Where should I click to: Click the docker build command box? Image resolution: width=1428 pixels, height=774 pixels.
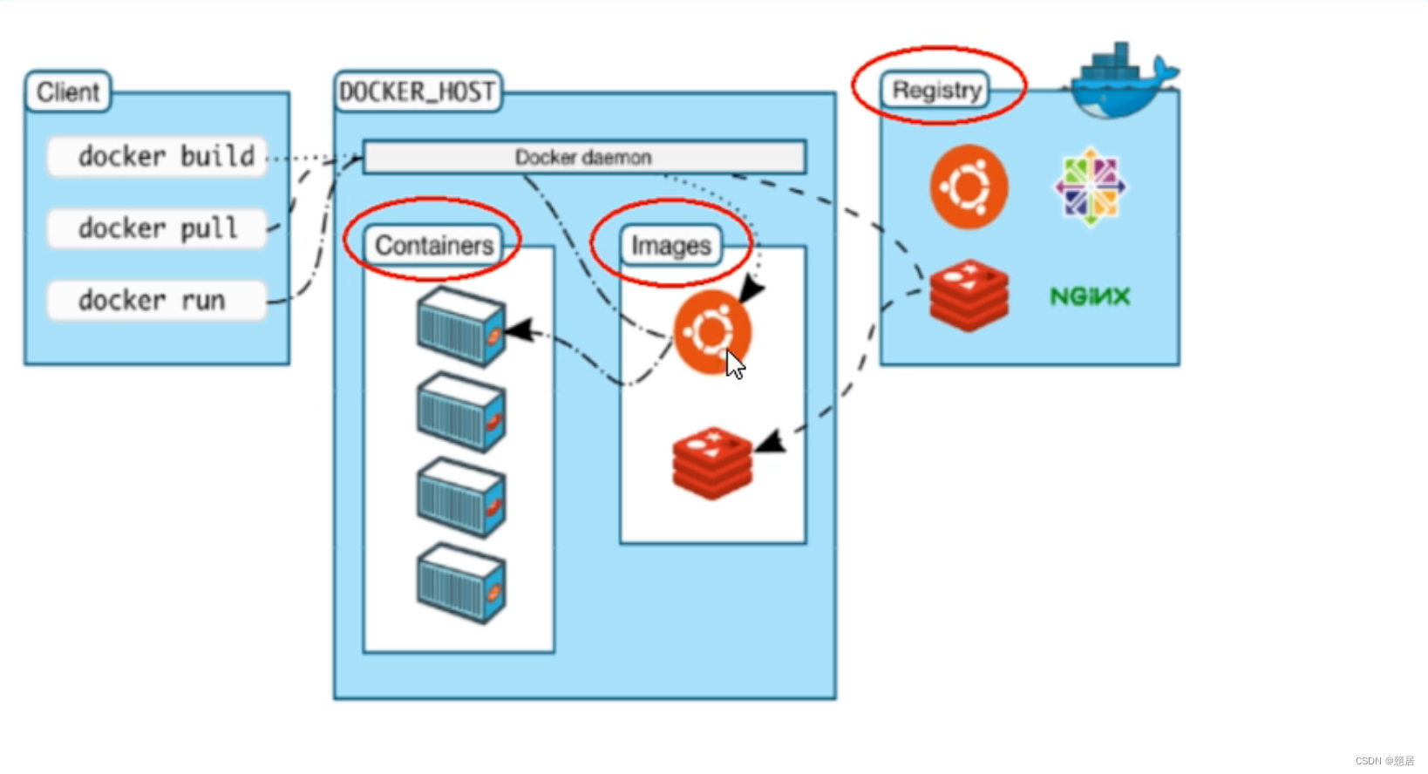click(x=157, y=157)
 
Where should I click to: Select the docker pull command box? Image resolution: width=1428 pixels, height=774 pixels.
click(x=157, y=228)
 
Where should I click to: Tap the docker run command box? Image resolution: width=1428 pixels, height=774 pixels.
click(x=157, y=301)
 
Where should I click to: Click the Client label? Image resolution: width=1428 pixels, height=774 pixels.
click(x=68, y=92)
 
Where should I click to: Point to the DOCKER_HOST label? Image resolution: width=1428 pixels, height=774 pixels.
click(x=418, y=92)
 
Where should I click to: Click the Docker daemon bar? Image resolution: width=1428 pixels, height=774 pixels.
click(x=583, y=158)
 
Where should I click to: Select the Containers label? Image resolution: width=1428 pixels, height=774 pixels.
click(x=434, y=245)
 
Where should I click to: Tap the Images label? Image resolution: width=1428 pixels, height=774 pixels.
click(x=670, y=246)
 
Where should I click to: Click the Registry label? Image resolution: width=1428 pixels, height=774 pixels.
click(x=936, y=90)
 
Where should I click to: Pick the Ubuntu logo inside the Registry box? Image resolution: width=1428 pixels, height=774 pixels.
click(x=969, y=187)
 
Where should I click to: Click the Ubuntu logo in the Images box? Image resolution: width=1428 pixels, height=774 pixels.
click(x=711, y=332)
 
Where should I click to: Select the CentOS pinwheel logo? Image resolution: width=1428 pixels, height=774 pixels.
click(x=1090, y=187)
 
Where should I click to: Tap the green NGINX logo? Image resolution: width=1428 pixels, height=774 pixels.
click(x=1090, y=296)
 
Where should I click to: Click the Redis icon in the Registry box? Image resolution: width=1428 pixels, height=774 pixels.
click(x=969, y=295)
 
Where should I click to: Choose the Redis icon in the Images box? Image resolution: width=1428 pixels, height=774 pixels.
click(x=711, y=463)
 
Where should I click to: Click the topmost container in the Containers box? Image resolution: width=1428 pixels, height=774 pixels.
click(x=461, y=326)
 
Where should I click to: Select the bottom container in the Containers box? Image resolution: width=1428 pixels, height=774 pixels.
click(x=461, y=582)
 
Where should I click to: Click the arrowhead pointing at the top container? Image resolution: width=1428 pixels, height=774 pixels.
click(x=520, y=329)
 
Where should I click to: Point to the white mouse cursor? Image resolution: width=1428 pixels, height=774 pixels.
click(x=735, y=365)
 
